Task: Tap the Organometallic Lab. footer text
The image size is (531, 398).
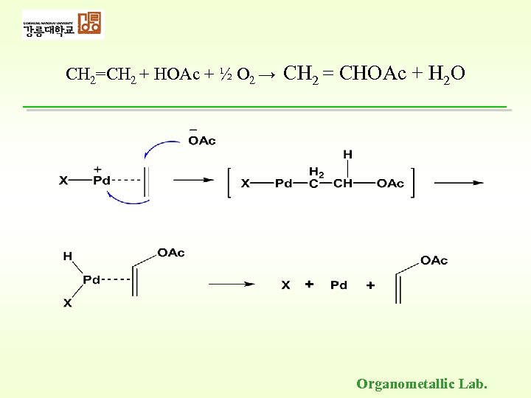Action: [422, 383]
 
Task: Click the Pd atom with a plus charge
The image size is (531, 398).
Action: [101, 180]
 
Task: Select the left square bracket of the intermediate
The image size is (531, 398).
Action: [230, 183]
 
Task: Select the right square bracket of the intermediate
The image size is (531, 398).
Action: [412, 183]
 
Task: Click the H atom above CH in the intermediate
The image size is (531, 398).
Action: [347, 154]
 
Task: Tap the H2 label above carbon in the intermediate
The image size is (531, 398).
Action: [316, 170]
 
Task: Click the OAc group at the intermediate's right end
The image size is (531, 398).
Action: [390, 184]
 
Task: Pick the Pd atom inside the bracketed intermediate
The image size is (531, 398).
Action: [284, 184]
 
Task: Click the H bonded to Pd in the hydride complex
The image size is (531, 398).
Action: [67, 256]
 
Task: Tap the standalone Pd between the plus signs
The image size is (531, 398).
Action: [339, 284]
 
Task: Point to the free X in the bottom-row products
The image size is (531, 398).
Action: [285, 284]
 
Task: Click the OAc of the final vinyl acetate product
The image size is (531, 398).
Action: [434, 260]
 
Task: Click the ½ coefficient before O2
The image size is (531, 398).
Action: [229, 74]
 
